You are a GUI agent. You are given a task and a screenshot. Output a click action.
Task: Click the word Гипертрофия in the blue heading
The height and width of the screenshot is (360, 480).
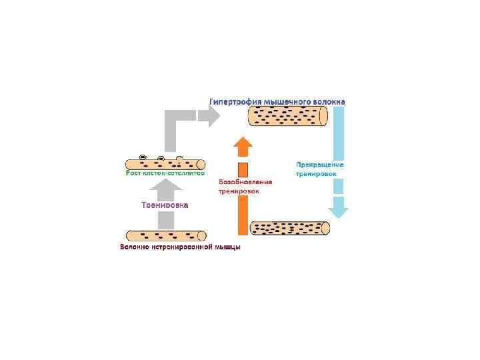(x=235, y=102)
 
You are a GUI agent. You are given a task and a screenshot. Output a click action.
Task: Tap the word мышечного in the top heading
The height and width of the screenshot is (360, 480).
(x=287, y=102)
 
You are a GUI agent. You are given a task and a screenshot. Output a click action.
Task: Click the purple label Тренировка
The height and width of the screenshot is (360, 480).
(x=165, y=205)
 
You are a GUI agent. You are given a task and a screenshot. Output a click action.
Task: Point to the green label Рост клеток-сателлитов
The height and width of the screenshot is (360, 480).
(x=165, y=173)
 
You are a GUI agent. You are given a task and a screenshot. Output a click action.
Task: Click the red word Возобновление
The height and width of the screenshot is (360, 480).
(x=245, y=182)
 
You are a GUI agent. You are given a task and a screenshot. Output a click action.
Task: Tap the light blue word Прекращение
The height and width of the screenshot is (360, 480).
(x=320, y=165)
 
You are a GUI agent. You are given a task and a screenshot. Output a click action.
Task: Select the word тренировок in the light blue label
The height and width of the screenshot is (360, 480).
(x=316, y=173)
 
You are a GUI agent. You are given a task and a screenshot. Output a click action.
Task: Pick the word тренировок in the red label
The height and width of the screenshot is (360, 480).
(x=239, y=191)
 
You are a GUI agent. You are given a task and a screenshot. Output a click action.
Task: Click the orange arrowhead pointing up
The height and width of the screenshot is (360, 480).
(x=244, y=146)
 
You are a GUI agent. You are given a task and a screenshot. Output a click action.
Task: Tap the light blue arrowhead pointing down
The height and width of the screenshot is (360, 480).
(x=339, y=211)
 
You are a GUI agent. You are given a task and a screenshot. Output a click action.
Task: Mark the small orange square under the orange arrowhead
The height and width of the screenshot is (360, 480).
(x=243, y=169)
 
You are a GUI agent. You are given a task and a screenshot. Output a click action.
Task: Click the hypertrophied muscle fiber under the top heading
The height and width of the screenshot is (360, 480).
(x=287, y=117)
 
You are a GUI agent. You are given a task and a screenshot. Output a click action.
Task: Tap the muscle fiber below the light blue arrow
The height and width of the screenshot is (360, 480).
(x=289, y=228)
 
